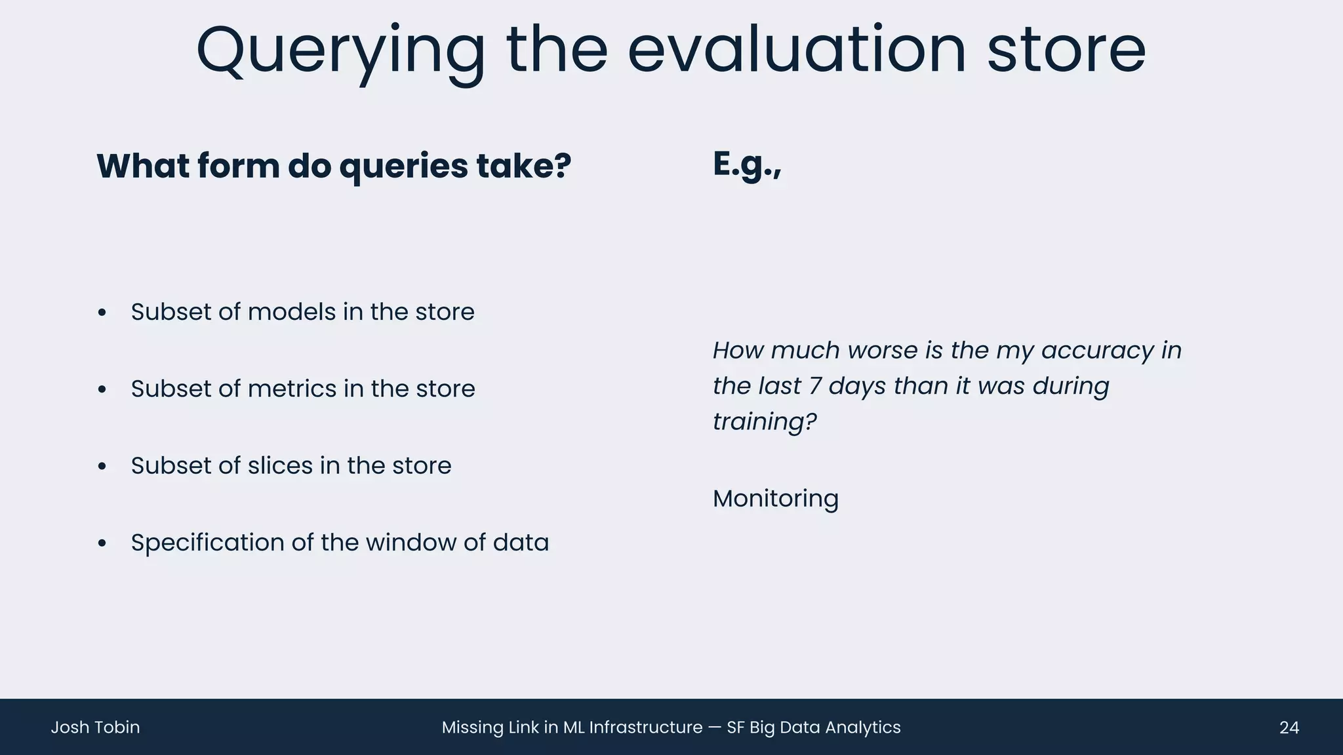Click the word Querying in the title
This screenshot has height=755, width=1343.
click(340, 51)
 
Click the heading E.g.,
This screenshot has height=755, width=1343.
click(747, 165)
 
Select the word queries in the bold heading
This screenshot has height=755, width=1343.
click(403, 166)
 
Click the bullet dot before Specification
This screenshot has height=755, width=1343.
click(102, 543)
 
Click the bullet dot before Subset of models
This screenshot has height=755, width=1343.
click(102, 313)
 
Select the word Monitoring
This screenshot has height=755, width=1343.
click(775, 499)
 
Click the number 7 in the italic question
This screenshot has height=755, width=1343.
click(815, 386)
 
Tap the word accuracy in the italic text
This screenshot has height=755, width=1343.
click(1097, 351)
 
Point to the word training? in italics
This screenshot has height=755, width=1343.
click(765, 421)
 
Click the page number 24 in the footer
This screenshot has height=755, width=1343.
click(1289, 727)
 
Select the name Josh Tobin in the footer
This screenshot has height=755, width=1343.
click(95, 727)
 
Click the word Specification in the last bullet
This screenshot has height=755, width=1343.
click(207, 543)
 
